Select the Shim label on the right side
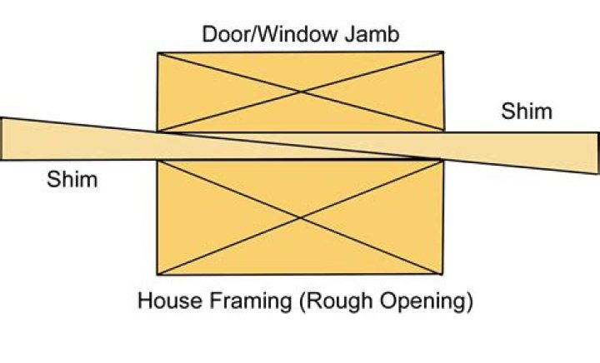tap(526, 111)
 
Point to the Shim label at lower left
tap(72, 179)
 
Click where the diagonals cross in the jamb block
tap(301, 92)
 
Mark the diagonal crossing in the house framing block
tap(300, 217)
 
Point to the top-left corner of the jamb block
tap(157, 53)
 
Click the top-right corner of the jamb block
tap(443, 53)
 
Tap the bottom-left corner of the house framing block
tap(157, 275)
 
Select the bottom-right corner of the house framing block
tap(442, 275)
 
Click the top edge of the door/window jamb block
tap(300, 53)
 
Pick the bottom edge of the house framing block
tap(300, 275)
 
